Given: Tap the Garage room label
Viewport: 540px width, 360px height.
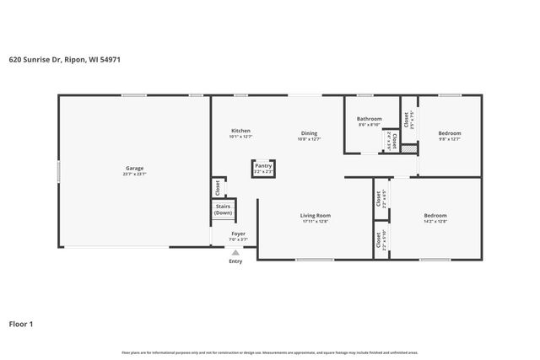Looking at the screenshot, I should click(135, 168).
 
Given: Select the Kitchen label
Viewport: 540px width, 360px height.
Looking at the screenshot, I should click(240, 131).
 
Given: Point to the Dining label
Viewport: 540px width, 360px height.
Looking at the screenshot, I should click(310, 132).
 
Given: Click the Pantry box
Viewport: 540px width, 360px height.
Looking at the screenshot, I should click(262, 169).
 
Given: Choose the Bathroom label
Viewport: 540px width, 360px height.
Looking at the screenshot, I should click(369, 119).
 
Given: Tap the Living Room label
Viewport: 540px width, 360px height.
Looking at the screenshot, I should click(315, 216).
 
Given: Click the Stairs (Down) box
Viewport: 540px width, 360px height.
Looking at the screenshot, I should click(223, 210).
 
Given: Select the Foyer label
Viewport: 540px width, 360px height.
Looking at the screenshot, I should click(238, 234).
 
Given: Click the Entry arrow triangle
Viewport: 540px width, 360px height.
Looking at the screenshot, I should click(235, 252).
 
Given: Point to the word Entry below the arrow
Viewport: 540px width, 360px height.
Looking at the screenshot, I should click(235, 261).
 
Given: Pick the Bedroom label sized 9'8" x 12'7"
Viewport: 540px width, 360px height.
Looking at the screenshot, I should click(449, 133).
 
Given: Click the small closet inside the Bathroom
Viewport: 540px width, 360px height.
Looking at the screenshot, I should click(388, 139).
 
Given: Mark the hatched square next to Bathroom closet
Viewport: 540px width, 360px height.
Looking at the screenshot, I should click(408, 148).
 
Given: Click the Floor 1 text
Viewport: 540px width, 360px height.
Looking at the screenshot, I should click(22, 323).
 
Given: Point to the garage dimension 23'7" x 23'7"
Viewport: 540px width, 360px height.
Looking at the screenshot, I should click(135, 174).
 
